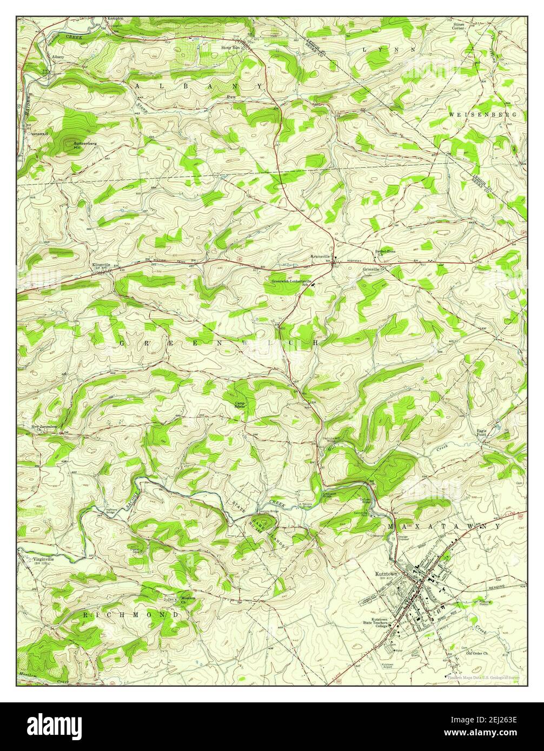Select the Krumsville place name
[320, 257]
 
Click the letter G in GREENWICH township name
[121, 343]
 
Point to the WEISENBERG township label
[483, 115]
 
